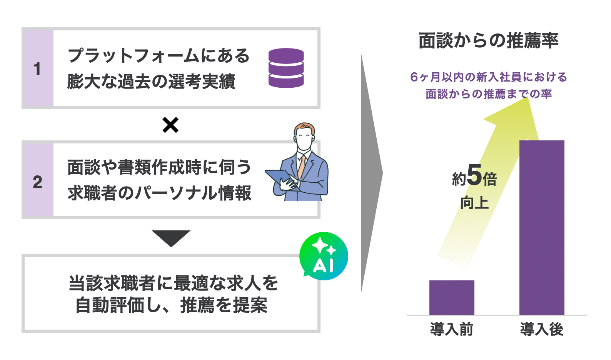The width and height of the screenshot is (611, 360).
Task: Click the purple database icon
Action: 286,68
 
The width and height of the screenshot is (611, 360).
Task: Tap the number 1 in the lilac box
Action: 37,69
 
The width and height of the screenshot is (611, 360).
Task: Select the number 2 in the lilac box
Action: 37,182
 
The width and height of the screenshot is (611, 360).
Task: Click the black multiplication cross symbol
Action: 170,125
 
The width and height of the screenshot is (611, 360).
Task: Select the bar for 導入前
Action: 452,298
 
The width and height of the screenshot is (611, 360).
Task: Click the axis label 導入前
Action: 452,330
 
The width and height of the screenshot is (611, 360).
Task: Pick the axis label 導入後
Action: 542,330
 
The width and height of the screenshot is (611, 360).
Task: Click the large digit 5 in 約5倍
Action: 474,175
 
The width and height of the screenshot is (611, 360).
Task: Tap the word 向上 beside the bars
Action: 474,203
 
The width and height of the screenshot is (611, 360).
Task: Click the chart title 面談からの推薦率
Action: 488,41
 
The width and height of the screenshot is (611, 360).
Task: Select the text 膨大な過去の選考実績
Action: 151,82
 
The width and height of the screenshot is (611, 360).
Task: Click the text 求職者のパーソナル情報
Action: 159,193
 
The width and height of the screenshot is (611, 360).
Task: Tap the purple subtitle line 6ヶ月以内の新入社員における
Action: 488,77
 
